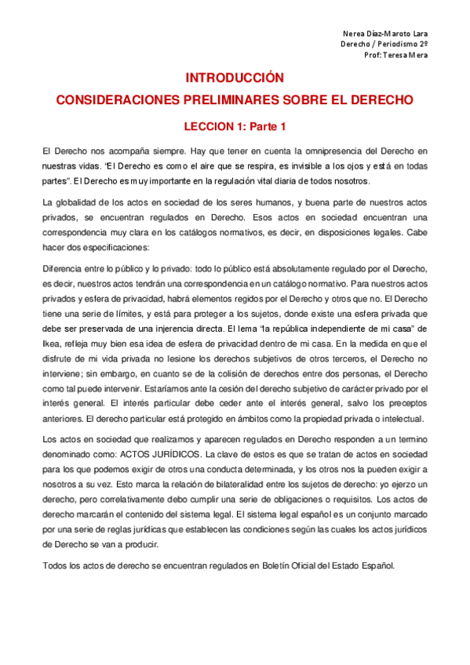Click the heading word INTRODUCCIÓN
point(233,78)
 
